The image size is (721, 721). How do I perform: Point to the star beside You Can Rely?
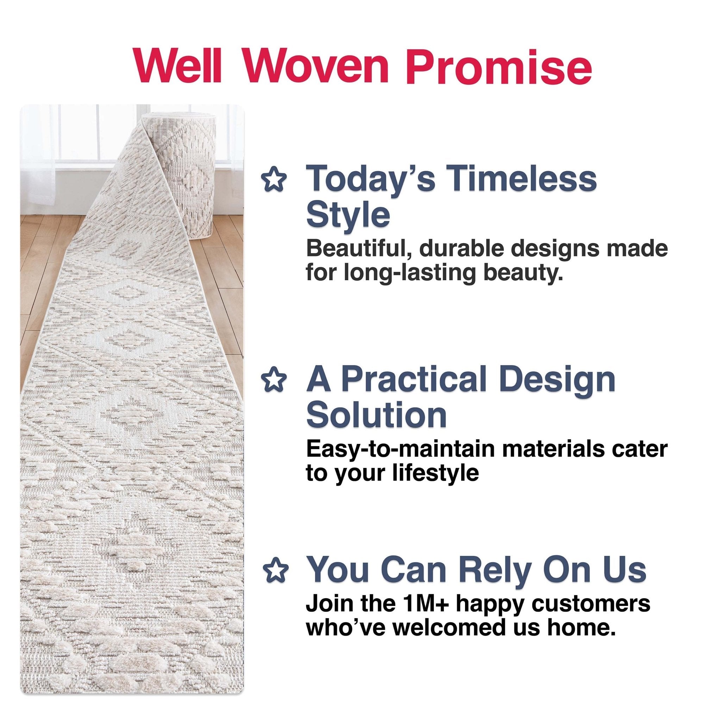point(275,571)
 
